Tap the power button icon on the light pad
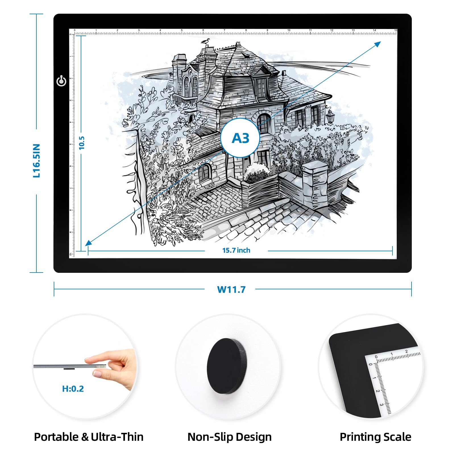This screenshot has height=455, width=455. (x=61, y=81)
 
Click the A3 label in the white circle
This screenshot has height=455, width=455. (x=240, y=138)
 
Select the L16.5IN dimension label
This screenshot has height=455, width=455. (x=37, y=161)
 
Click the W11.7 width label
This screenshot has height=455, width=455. (x=231, y=290)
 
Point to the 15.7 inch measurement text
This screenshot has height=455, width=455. (x=236, y=250)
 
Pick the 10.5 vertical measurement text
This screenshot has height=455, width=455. (x=82, y=143)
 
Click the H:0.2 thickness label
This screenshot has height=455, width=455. (x=73, y=388)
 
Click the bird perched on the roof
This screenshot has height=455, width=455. (x=205, y=41)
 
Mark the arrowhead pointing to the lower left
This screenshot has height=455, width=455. (x=89, y=242)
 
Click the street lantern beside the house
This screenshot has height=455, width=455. (x=330, y=116)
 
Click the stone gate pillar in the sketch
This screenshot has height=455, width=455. (x=314, y=185)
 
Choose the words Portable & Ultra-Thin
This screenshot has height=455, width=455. (x=89, y=437)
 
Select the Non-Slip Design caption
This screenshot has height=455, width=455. (x=230, y=437)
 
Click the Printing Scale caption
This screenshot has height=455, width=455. (x=375, y=437)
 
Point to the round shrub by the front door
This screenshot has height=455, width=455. (x=257, y=172)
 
